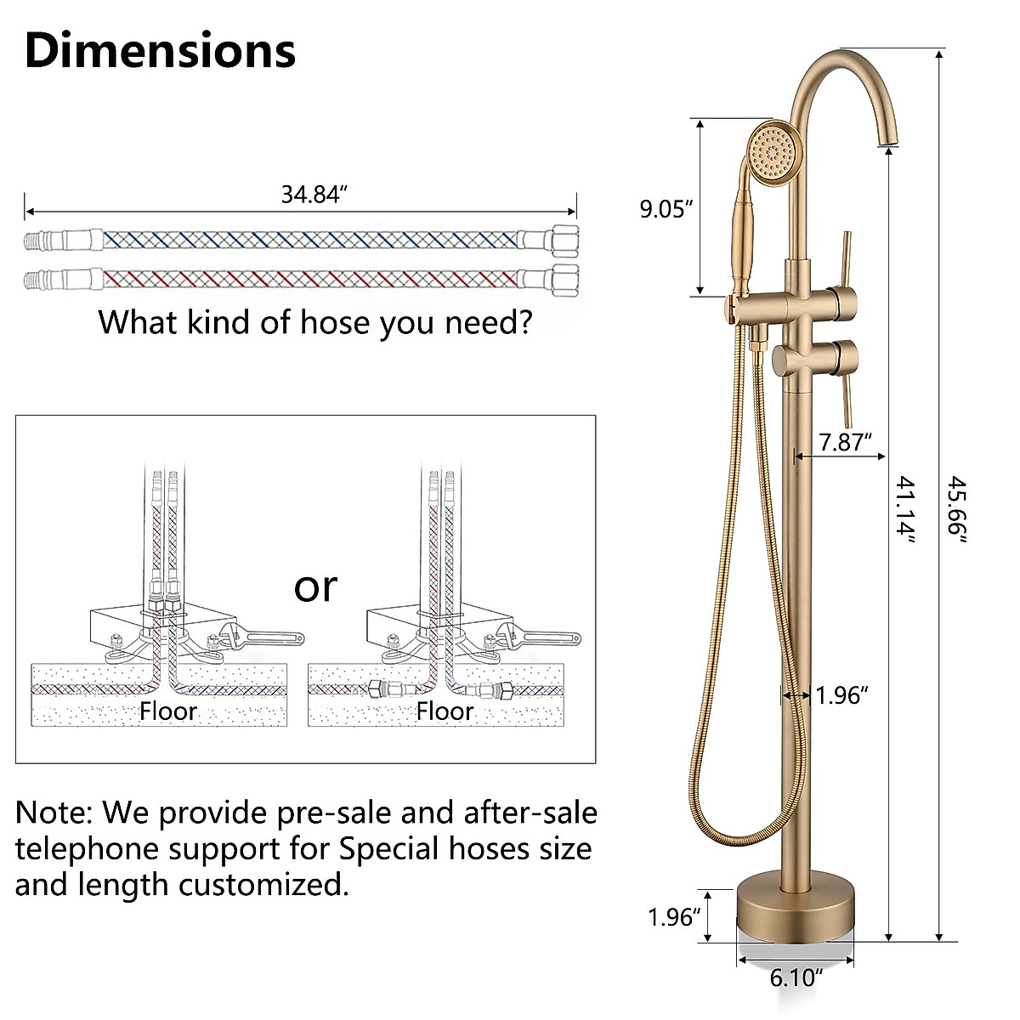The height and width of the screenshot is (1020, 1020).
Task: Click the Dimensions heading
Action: pyautogui.click(x=161, y=50)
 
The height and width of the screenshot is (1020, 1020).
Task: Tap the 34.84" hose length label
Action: pyautogui.click(x=315, y=195)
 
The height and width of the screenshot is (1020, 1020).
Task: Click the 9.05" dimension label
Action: pyautogui.click(x=667, y=209)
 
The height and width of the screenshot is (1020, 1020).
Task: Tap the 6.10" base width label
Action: pyautogui.click(x=796, y=978)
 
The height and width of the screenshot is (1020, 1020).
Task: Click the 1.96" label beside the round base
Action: pyautogui.click(x=674, y=917)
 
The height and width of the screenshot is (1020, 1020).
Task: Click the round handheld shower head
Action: pyautogui.click(x=774, y=152)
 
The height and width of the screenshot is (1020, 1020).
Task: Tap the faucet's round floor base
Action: pyautogui.click(x=796, y=909)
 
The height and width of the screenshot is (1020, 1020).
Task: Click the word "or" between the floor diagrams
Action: pyautogui.click(x=315, y=586)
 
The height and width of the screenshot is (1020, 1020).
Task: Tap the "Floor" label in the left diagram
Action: pyautogui.click(x=168, y=711)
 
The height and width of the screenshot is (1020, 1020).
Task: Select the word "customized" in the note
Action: pyautogui.click(x=263, y=885)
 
